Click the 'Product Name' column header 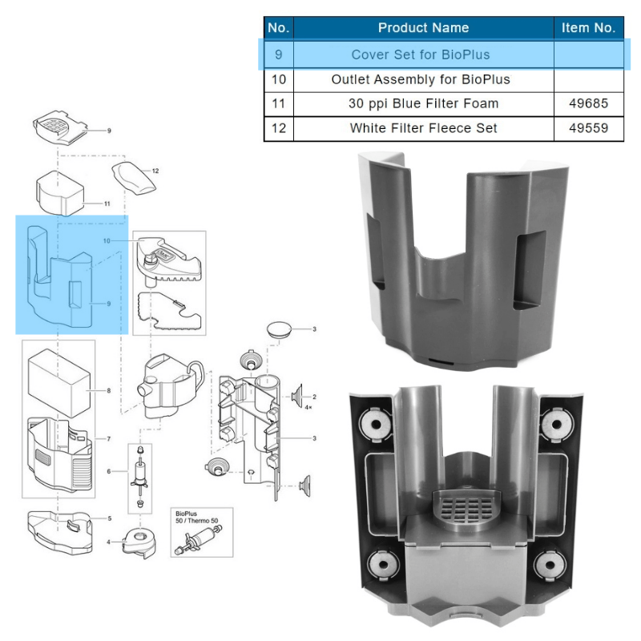(x=423, y=28)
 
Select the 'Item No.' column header (x=588, y=28)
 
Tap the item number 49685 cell (x=588, y=103)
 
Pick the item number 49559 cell (x=588, y=128)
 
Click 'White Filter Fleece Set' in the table (x=423, y=128)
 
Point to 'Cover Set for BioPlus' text (x=421, y=54)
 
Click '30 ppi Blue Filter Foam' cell (x=423, y=103)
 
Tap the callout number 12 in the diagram (x=155, y=171)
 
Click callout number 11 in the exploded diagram (x=107, y=204)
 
